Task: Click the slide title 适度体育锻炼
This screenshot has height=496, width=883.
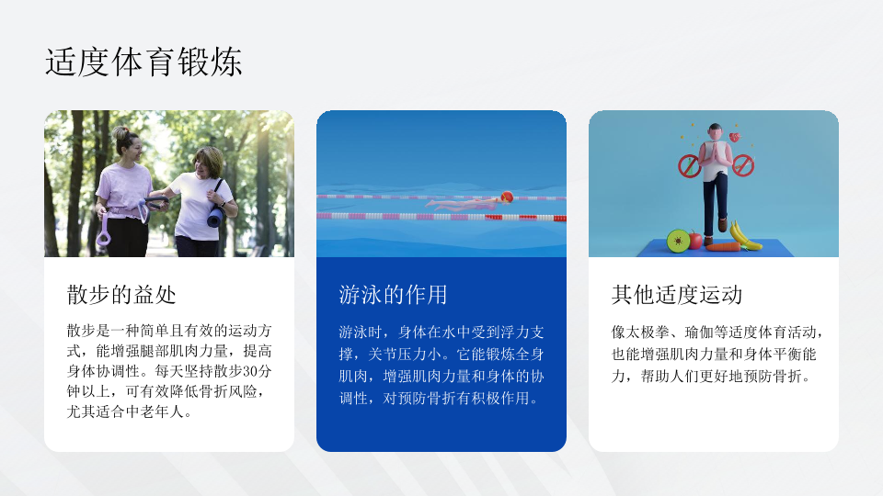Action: (143, 62)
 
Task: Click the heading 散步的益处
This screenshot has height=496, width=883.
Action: (121, 295)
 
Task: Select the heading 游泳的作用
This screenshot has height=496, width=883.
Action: (393, 295)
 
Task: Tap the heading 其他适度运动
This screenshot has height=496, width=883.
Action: (677, 295)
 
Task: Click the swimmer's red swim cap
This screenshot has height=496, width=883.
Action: (507, 197)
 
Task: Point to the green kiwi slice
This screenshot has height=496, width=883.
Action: (678, 242)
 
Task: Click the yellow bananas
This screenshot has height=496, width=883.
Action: (744, 235)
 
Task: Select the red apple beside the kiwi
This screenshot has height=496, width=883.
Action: (695, 240)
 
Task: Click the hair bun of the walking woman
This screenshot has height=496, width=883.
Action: (120, 132)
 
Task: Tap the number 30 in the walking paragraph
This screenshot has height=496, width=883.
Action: (250, 371)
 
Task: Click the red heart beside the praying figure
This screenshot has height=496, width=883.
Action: (735, 137)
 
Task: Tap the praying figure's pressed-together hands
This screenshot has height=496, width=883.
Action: (715, 152)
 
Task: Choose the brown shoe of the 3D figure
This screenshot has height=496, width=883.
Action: (724, 224)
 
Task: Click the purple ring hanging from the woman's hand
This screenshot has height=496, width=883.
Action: (104, 231)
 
